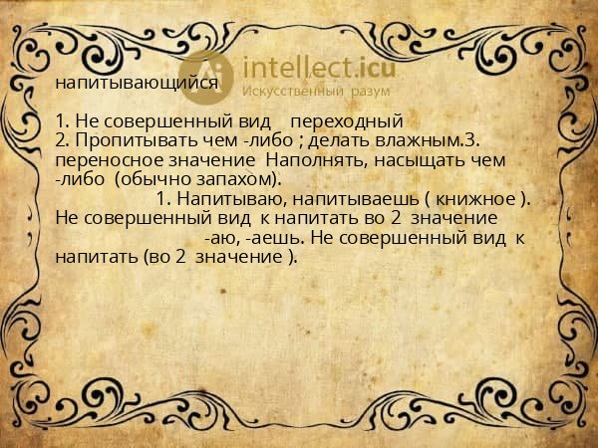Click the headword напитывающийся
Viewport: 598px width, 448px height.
tap(137, 84)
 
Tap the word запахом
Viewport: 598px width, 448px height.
tap(238, 178)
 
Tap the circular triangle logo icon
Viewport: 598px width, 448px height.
tap(206, 75)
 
